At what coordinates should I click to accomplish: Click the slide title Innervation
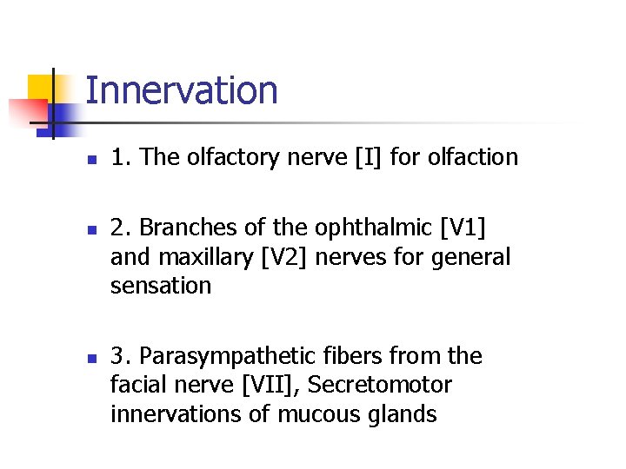point(182,90)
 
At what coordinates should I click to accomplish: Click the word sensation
point(161,286)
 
